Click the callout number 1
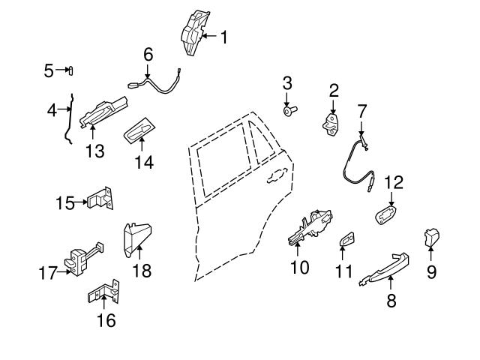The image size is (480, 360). [x=223, y=35]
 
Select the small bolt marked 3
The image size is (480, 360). [x=289, y=111]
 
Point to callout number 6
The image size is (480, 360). [x=148, y=55]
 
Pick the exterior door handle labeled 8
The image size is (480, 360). [x=387, y=262]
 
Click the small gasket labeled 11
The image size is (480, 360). [x=346, y=239]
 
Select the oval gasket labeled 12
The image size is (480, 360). [x=385, y=212]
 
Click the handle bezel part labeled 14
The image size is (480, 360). [x=139, y=133]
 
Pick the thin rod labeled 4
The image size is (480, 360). [x=70, y=120]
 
